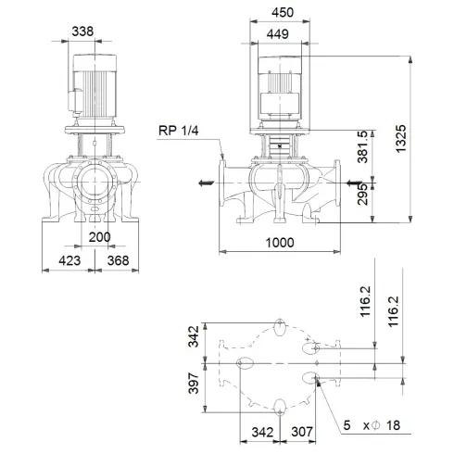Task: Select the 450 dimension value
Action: [x=284, y=13]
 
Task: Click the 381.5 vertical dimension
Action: [x=375, y=144]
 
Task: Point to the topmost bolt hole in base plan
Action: [x=279, y=325]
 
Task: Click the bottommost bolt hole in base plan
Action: [x=279, y=403]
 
